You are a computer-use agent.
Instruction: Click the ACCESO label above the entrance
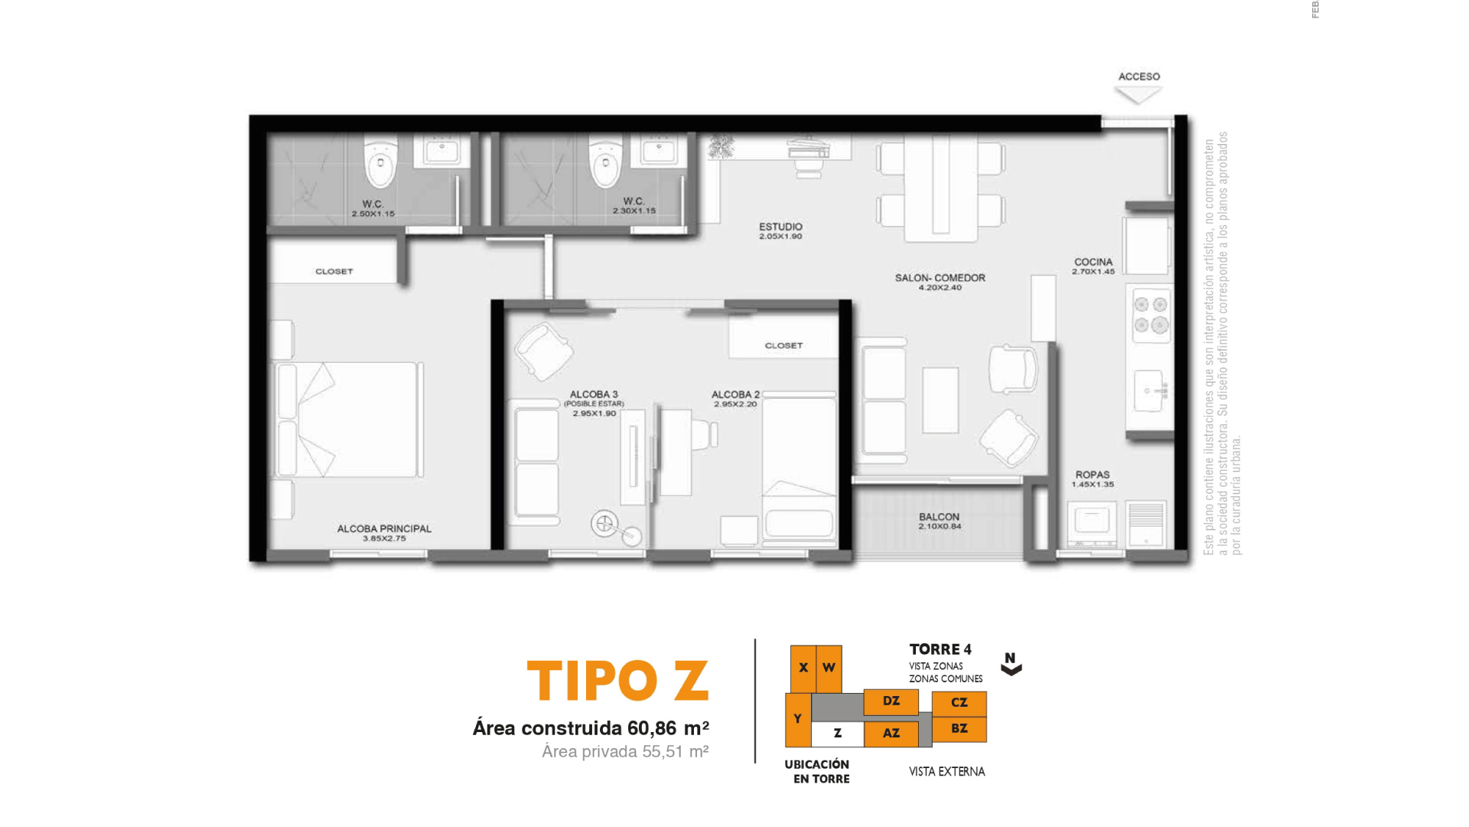pos(1138,77)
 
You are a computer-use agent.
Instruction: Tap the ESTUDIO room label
pos(780,227)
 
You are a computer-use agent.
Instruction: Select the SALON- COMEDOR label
pos(940,278)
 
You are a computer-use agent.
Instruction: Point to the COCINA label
pos(1093,262)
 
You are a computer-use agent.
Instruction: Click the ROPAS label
pos(1092,475)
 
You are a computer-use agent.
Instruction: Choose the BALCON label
pos(939,517)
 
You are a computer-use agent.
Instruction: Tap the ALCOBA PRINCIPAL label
pos(384,528)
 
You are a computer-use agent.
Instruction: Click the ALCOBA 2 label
pos(735,394)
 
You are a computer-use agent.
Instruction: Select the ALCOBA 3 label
pos(593,394)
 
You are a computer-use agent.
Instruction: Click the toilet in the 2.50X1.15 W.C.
pos(380,162)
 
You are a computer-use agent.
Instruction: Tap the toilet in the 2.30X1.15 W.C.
pos(605,162)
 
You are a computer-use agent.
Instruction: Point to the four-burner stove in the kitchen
pos(1150,315)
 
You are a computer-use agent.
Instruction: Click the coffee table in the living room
pos(940,400)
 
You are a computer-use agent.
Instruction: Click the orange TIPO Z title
pos(617,681)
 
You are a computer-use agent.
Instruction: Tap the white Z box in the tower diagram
pos(837,734)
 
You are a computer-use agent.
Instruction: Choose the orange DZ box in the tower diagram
pos(891,701)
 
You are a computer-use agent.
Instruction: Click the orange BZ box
pos(959,729)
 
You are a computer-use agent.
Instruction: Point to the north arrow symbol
pos(1011,664)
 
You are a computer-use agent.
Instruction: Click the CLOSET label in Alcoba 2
pos(783,345)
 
